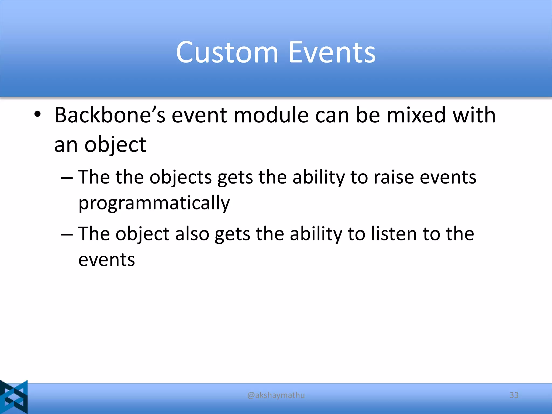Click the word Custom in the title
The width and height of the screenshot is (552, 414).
(227, 52)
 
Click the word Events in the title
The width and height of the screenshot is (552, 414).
(332, 52)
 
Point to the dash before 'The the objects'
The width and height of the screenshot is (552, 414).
(67, 178)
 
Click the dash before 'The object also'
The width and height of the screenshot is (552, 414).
(67, 234)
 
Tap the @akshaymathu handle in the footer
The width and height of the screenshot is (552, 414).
(276, 395)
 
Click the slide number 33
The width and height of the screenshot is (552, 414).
(514, 395)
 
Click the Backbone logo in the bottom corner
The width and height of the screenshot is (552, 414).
(14, 397)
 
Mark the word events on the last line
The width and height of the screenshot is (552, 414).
(107, 260)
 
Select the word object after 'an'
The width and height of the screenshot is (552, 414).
(115, 145)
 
